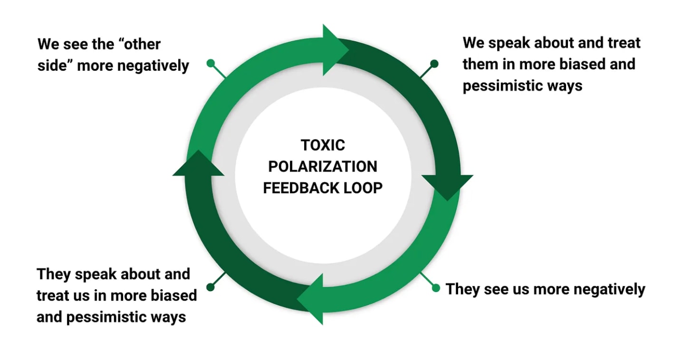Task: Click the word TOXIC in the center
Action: [323, 145]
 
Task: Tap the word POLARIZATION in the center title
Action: [323, 166]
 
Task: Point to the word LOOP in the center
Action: [363, 188]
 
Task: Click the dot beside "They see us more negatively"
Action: [436, 288]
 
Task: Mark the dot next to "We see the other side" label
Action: [211, 63]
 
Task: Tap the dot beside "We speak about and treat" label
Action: [434, 63]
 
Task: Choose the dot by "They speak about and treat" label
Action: [211, 287]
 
